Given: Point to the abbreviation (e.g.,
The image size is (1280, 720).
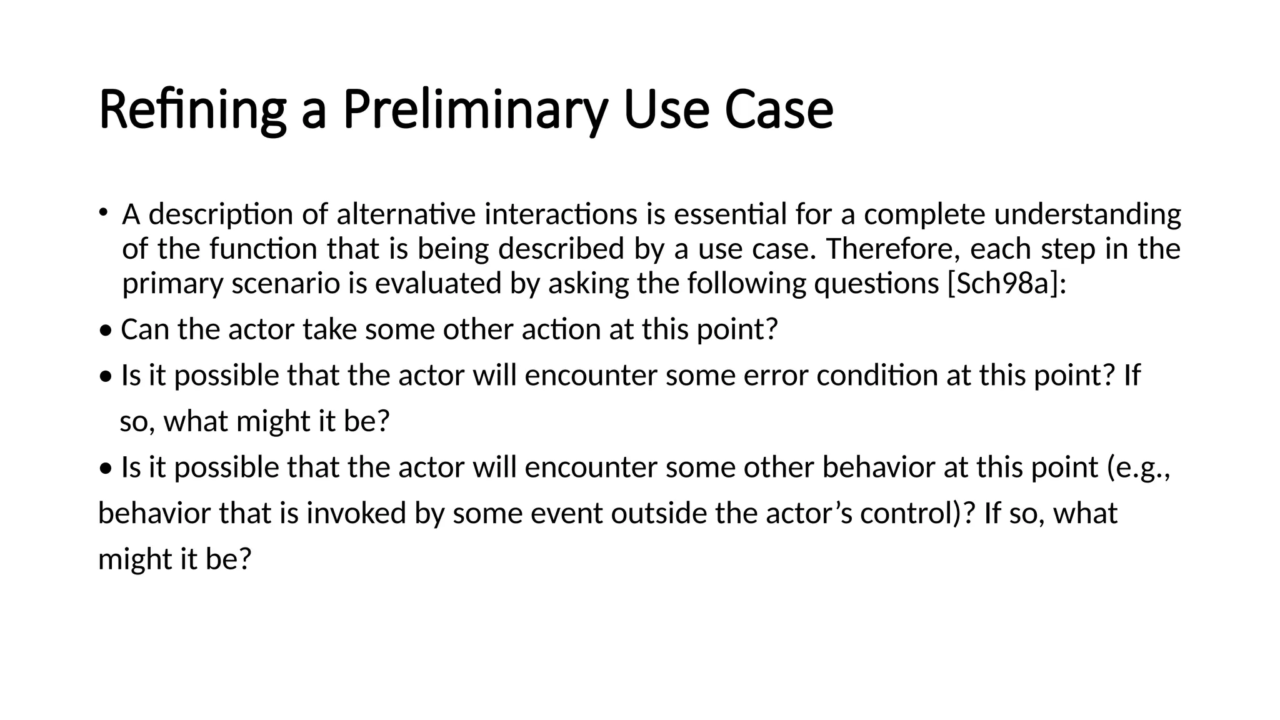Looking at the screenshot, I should [1139, 467].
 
